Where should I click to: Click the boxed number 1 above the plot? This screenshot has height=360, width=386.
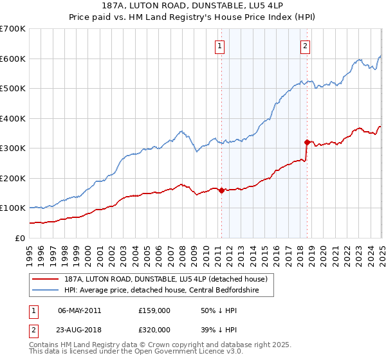tap(220, 46)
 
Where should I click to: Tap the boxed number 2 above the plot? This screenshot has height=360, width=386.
tap(305, 46)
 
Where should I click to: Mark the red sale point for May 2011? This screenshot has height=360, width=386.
tap(221, 190)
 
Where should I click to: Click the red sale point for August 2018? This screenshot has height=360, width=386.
tap(307, 142)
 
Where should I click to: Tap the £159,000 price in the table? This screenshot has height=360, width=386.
tap(154, 310)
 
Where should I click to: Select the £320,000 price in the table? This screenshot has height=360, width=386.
tap(154, 329)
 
